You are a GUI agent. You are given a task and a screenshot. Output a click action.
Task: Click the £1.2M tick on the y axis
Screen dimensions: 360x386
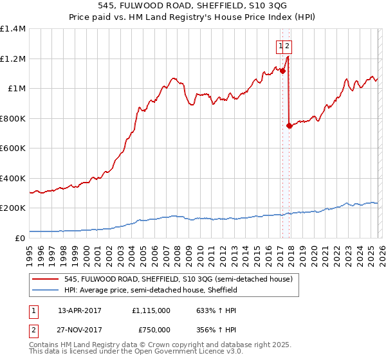[13, 59]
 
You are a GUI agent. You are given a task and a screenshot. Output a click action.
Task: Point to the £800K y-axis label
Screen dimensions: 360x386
[13, 118]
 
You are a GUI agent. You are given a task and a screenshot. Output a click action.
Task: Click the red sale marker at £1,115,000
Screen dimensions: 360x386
[282, 71]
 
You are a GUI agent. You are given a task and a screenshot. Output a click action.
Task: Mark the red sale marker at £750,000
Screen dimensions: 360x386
[289, 125]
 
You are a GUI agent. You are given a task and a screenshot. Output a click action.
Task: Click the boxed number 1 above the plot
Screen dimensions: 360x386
[281, 46]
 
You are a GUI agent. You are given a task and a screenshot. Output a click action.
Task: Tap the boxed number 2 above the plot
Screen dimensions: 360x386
[288, 46]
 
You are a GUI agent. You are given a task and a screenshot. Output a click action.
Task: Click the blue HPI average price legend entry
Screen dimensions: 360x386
[151, 290]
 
